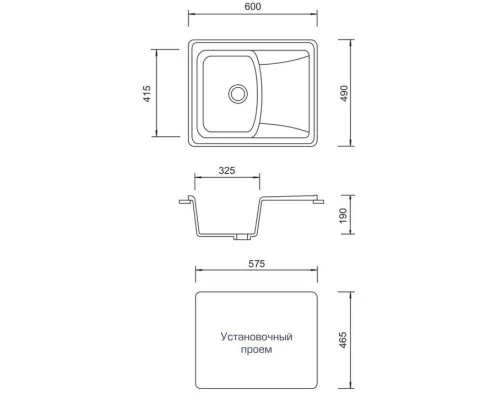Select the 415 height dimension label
point(146,94)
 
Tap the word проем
point(257,352)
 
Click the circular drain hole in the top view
point(238,93)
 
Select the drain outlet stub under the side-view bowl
point(241,238)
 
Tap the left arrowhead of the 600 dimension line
point(193,17)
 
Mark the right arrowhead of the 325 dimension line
point(263,181)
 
